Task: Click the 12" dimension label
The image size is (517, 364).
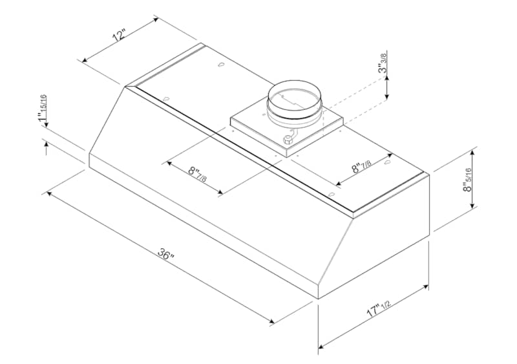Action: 120,35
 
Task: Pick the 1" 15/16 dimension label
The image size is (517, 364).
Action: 42,107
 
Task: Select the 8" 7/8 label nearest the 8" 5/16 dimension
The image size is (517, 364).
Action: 362,166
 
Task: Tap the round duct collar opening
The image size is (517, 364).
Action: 293,96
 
